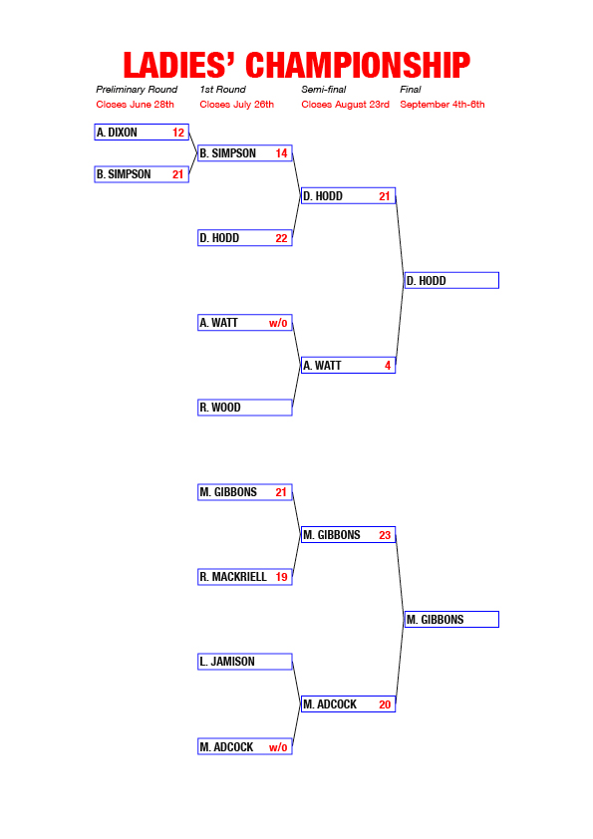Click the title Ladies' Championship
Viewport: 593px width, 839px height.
pyautogui.click(x=297, y=66)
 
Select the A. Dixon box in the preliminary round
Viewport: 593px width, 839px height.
pyautogui.click(x=142, y=133)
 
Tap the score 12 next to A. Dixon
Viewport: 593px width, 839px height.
pyautogui.click(x=178, y=133)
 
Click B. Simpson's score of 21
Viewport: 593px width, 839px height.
pyautogui.click(x=177, y=174)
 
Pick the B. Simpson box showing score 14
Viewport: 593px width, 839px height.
pyautogui.click(x=245, y=153)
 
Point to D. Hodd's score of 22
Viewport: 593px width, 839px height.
pyautogui.click(x=281, y=238)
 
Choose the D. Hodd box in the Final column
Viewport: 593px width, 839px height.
pyautogui.click(x=451, y=280)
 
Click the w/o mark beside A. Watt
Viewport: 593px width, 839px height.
pyautogui.click(x=278, y=323)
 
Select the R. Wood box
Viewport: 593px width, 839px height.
pyautogui.click(x=245, y=408)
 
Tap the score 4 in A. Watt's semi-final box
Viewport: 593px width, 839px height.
pyautogui.click(x=388, y=366)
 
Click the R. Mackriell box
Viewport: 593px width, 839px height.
pyautogui.click(x=245, y=577)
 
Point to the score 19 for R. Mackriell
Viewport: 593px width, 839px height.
pyautogui.click(x=281, y=577)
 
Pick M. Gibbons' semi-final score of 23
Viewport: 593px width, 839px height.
pyautogui.click(x=385, y=535)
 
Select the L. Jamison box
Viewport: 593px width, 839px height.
pyautogui.click(x=245, y=662)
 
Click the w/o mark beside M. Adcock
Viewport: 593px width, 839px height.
pyautogui.click(x=278, y=747)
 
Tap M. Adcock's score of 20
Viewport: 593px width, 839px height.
pyautogui.click(x=385, y=704)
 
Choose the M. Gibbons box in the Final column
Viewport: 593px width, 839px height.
pyautogui.click(x=451, y=619)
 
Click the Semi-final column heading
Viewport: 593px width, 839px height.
pyautogui.click(x=324, y=90)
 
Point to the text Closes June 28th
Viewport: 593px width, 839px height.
pyautogui.click(x=135, y=105)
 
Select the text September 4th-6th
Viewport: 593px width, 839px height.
pyautogui.click(x=443, y=105)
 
